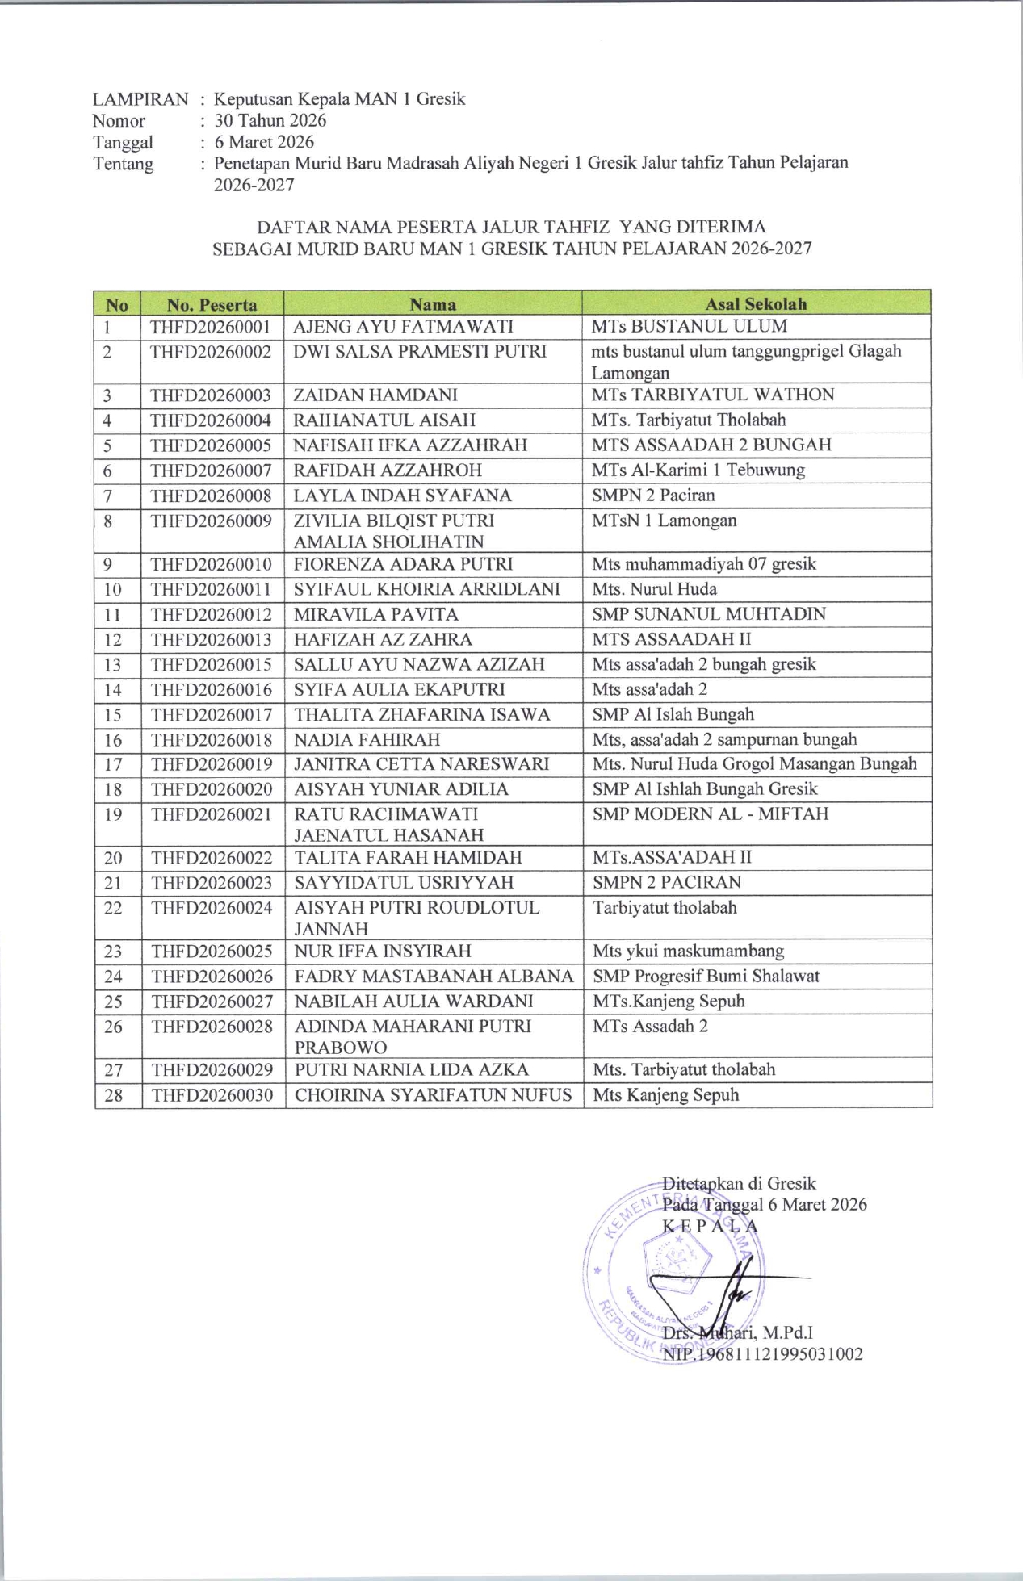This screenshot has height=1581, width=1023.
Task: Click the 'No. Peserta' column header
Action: pos(212,305)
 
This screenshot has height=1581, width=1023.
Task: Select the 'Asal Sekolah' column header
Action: pos(756,304)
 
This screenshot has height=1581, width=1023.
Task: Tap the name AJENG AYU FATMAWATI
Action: pos(403,327)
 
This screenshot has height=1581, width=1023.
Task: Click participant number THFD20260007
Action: pos(211,471)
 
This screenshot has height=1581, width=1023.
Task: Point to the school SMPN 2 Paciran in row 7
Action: pos(653,496)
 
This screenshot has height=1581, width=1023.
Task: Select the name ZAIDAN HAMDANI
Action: pos(375,395)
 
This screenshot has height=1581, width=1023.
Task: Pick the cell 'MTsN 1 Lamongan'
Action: pos(664,521)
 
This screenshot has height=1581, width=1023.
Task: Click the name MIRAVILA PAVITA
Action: pos(376,614)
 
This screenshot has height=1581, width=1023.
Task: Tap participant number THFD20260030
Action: pos(212,1095)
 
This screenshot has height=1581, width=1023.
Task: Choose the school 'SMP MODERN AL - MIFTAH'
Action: pos(711,814)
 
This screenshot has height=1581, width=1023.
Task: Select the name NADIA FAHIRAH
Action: pos(367,740)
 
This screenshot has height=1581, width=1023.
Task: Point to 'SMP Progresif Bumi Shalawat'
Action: pos(706,977)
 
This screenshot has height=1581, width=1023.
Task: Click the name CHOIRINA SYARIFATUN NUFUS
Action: pos(434,1095)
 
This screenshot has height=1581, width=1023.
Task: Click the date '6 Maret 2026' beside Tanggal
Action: pos(264,143)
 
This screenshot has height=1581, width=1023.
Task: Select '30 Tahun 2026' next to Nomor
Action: pos(270,121)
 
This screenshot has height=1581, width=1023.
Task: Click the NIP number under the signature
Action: pos(762,1354)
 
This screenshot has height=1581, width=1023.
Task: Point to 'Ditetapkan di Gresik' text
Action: pos(739,1184)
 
